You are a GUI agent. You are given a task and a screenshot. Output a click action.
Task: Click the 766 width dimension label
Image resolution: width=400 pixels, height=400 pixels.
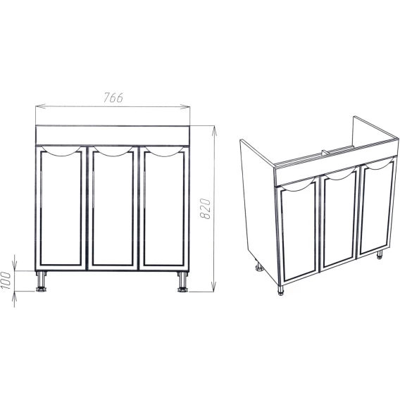(113, 97)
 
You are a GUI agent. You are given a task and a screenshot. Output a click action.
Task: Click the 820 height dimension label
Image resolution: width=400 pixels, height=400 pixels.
(205, 208)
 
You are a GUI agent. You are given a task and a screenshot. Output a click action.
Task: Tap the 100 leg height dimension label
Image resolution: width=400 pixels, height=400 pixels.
(6, 280)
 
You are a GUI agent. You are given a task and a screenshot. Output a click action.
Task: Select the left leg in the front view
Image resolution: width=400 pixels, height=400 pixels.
(41, 281)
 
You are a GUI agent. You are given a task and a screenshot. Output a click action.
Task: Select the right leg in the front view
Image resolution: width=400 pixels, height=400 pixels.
(182, 282)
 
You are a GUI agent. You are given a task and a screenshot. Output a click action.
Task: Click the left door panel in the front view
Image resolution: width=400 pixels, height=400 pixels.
(61, 208)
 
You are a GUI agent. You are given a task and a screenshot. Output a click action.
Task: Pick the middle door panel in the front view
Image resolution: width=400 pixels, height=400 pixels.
(113, 208)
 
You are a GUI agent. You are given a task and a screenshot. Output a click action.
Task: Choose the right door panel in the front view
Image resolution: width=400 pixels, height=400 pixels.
(164, 208)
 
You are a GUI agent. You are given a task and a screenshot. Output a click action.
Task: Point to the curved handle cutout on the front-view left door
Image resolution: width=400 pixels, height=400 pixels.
(61, 154)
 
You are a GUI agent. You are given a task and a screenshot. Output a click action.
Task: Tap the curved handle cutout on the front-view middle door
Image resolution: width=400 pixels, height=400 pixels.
(113, 154)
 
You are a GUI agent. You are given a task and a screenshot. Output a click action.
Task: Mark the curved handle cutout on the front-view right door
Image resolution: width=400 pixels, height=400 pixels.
(165, 154)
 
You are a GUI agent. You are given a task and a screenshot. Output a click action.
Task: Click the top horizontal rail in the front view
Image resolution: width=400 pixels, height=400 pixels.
(113, 135)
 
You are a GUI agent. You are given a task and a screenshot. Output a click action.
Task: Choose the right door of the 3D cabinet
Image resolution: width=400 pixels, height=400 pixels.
(377, 206)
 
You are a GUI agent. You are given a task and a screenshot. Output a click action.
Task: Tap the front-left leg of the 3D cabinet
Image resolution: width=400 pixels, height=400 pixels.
(280, 290)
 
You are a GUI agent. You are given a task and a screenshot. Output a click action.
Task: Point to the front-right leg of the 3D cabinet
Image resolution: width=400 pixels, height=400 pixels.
(380, 255)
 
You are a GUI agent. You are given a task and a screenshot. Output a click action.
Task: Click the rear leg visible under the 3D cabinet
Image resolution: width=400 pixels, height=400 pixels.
(260, 267)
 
